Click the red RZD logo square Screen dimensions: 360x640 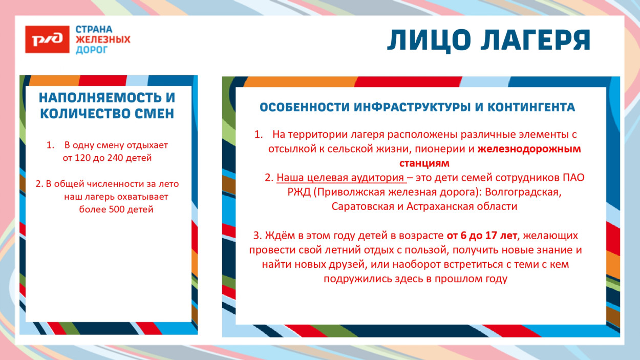click(x=47, y=39)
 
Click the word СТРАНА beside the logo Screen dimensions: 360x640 click(x=94, y=29)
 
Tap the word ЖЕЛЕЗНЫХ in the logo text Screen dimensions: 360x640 click(x=103, y=39)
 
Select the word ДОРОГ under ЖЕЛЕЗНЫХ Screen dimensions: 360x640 click(x=92, y=50)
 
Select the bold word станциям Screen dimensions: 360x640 click(x=424, y=164)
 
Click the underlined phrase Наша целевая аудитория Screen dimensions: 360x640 click(x=340, y=178)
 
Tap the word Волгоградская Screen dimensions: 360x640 click(x=523, y=193)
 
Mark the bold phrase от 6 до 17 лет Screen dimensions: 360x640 click(x=482, y=236)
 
